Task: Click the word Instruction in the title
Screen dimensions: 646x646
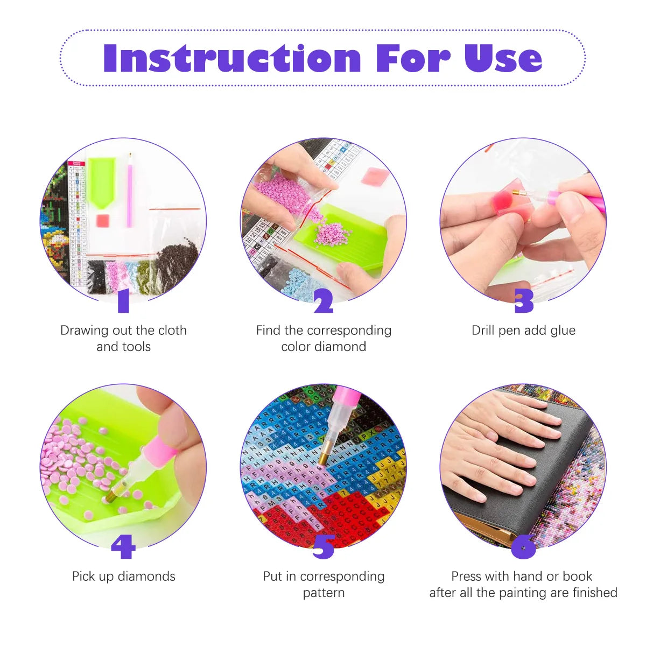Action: coord(232,58)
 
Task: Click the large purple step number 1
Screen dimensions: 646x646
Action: coord(124,301)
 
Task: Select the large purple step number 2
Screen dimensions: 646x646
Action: coord(324,301)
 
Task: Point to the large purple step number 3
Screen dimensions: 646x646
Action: coord(524,301)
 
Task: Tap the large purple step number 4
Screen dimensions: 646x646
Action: coord(123,547)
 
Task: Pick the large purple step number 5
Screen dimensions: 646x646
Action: coord(324,547)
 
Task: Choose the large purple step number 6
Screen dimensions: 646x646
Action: coord(524,547)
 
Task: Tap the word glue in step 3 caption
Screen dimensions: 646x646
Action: coord(563,331)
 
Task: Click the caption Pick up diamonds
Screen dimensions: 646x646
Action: coord(124,577)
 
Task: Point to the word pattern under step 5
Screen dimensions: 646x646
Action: coord(324,593)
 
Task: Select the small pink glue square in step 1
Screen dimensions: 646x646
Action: coord(102,220)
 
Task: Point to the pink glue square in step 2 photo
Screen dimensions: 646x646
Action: coord(371,177)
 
